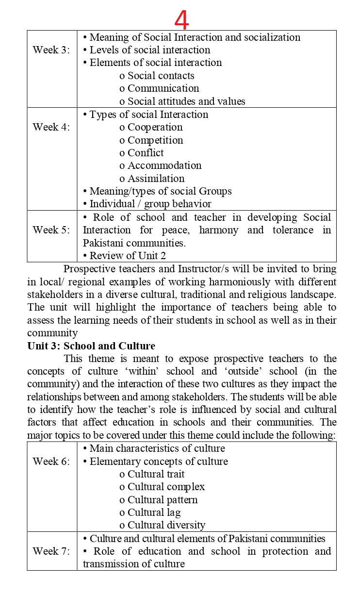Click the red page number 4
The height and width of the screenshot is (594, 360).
(x=181, y=20)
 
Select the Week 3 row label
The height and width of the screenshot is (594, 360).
(x=51, y=50)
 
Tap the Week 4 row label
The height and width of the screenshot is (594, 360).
(x=51, y=127)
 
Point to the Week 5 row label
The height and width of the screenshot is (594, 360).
(x=51, y=230)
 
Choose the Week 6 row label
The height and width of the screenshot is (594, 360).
(x=51, y=462)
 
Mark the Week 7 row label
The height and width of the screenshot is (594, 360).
(x=51, y=551)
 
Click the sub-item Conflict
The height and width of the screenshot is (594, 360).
(x=146, y=153)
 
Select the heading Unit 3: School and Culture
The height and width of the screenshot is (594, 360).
(x=91, y=346)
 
